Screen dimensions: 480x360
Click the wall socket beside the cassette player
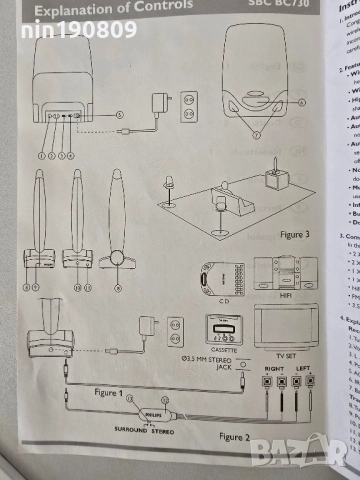[174, 329]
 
